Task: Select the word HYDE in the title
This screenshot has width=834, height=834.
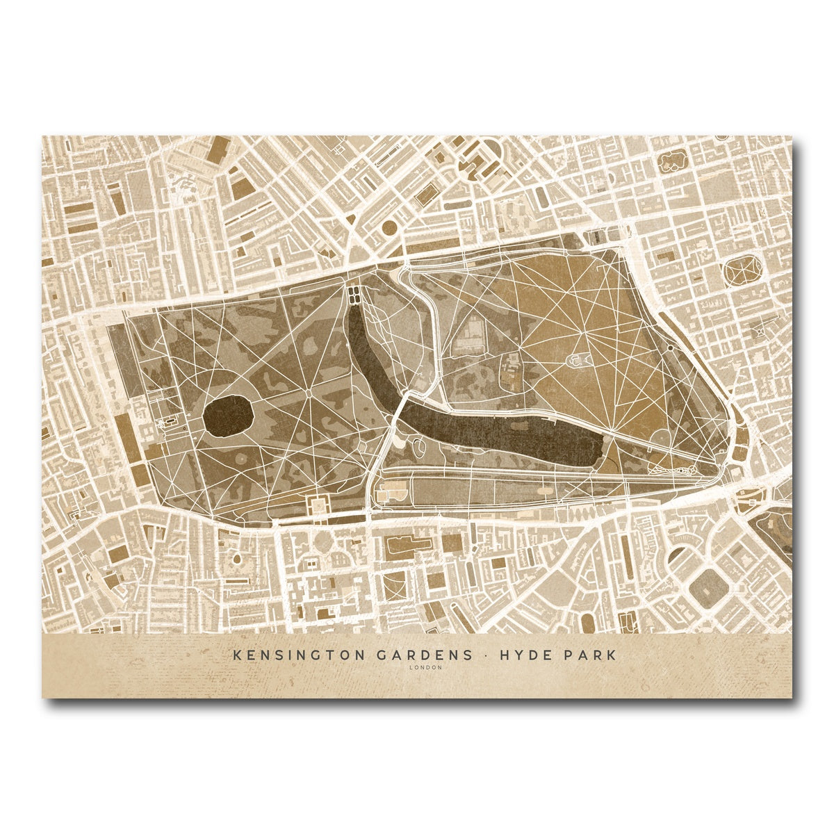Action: coord(515,655)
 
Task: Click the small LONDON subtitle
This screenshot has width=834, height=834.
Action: coord(416,668)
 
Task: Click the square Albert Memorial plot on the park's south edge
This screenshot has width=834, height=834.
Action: coord(320,506)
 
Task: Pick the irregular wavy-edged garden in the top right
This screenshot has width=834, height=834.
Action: coord(672,161)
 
